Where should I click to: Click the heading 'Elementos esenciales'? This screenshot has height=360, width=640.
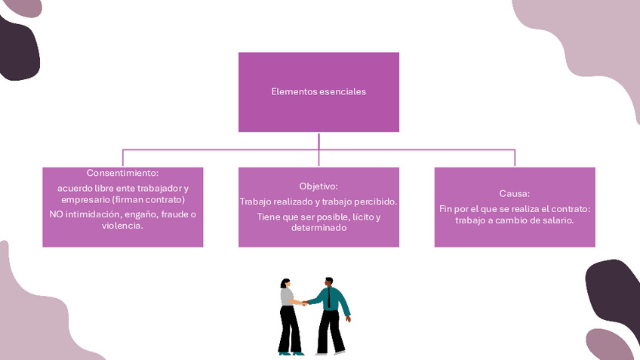pos(318,92)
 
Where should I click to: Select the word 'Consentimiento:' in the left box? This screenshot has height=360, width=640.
pos(122,173)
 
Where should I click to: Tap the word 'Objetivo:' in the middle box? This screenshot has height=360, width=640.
pos(318,186)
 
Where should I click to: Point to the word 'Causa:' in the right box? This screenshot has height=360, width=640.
pos(515,193)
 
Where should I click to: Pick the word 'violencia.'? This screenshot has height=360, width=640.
pos(122,226)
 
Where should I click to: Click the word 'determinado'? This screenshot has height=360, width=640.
pos(318,228)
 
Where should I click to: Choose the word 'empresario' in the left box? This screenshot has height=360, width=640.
pos(87,200)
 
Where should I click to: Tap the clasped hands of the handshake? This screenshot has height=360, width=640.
pos(304,303)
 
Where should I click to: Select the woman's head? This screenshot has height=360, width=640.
pos(285,283)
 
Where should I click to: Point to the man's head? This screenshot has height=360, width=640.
pos(329,282)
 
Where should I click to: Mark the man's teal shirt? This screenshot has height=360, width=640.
pos(337,300)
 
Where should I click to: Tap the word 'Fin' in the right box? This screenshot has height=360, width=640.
pos(446,208)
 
